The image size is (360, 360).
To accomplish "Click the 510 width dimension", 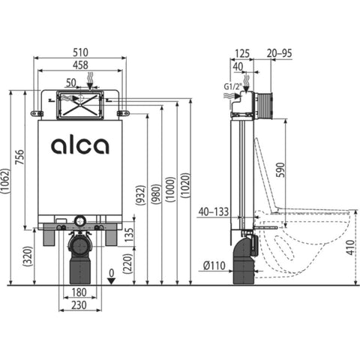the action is pos(80,52).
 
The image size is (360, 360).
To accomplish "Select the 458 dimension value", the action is pos(80,65).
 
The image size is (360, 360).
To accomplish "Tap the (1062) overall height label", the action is pos(5,181).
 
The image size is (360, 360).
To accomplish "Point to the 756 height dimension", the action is pos(19,157).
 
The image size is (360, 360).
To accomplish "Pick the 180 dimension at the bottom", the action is pos(79,292).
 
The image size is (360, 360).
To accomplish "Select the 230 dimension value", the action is pos(79,305).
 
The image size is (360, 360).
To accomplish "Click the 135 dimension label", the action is pos(129,235).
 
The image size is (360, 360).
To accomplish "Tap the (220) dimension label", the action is pos(127,263).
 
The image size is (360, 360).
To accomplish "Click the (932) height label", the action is pos(140,195).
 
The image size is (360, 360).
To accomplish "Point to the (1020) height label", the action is pos(185,185).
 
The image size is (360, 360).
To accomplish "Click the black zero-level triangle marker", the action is pos(111,280).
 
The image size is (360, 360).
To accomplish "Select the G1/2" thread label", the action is pos(233,86).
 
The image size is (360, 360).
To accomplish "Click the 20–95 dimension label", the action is pos(279,53).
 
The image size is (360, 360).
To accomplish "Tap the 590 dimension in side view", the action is pos(280,170).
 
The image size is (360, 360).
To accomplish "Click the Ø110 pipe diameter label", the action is pos(214,265).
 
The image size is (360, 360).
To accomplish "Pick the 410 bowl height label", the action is pos(351,247).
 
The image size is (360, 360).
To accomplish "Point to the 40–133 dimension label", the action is pos(214,212).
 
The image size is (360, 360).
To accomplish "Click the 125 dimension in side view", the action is pos(242,53).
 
